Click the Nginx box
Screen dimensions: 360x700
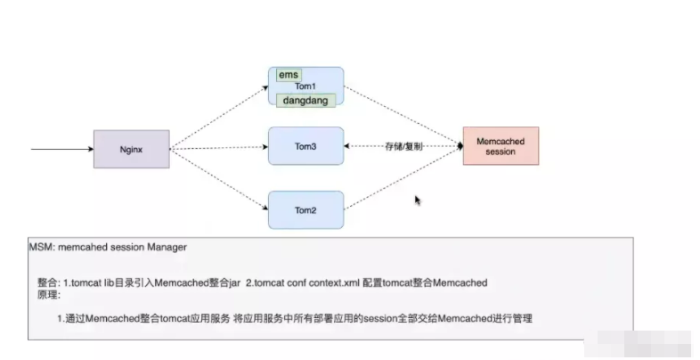[x=132, y=149]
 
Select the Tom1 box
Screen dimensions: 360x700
[x=305, y=86]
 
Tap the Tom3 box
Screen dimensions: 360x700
[x=305, y=145]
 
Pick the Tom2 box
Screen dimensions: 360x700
[x=305, y=209]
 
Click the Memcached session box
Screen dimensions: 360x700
[x=501, y=145]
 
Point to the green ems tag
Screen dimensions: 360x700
[x=289, y=75]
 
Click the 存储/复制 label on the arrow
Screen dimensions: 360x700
[x=403, y=146]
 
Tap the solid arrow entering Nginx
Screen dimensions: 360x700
[x=62, y=149]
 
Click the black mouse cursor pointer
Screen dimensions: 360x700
[x=418, y=200]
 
